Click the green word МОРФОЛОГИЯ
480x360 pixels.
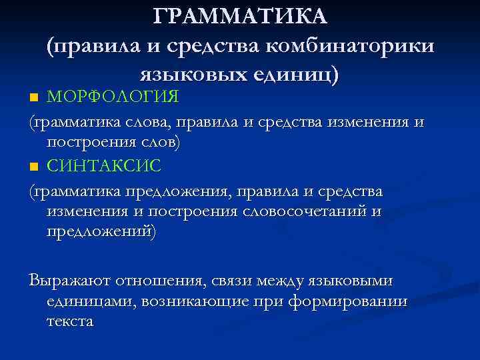(x=113, y=97)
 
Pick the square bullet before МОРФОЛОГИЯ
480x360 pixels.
(x=34, y=99)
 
